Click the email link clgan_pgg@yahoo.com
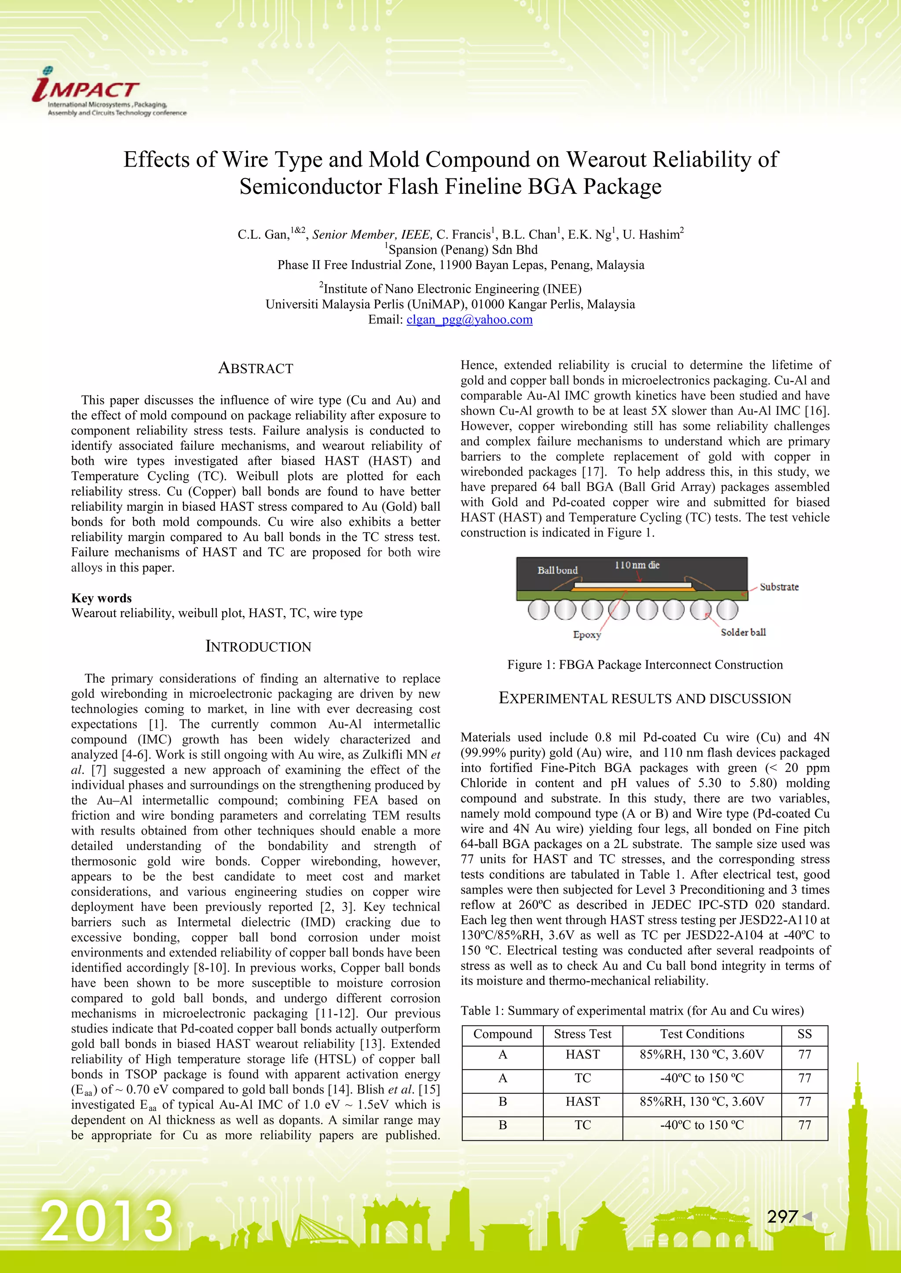(469, 320)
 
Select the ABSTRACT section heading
(255, 368)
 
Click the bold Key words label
(102, 598)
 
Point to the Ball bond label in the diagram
(557, 570)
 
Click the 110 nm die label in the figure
(637, 565)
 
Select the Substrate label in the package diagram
(779, 586)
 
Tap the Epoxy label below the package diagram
(586, 634)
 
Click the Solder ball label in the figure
(743, 632)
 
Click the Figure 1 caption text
(645, 665)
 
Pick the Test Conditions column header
(702, 1034)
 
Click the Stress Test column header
(582, 1034)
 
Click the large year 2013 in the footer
(107, 1222)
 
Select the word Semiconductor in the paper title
(311, 187)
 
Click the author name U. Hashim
(652, 235)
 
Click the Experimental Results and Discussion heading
(645, 698)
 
